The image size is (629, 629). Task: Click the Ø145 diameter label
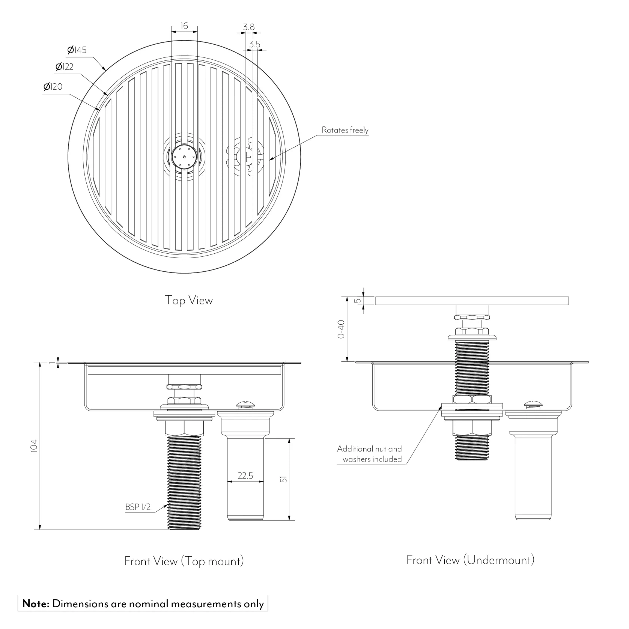(77, 50)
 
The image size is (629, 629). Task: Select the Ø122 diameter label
(65, 67)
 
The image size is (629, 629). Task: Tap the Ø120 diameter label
(53, 87)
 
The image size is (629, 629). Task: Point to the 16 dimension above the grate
(184, 26)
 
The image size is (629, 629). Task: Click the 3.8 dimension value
(249, 27)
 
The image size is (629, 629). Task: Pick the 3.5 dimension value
(254, 44)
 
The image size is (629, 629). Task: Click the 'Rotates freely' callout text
(345, 130)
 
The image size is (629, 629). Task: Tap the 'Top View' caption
(189, 300)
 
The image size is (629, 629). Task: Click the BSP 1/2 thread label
(138, 507)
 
